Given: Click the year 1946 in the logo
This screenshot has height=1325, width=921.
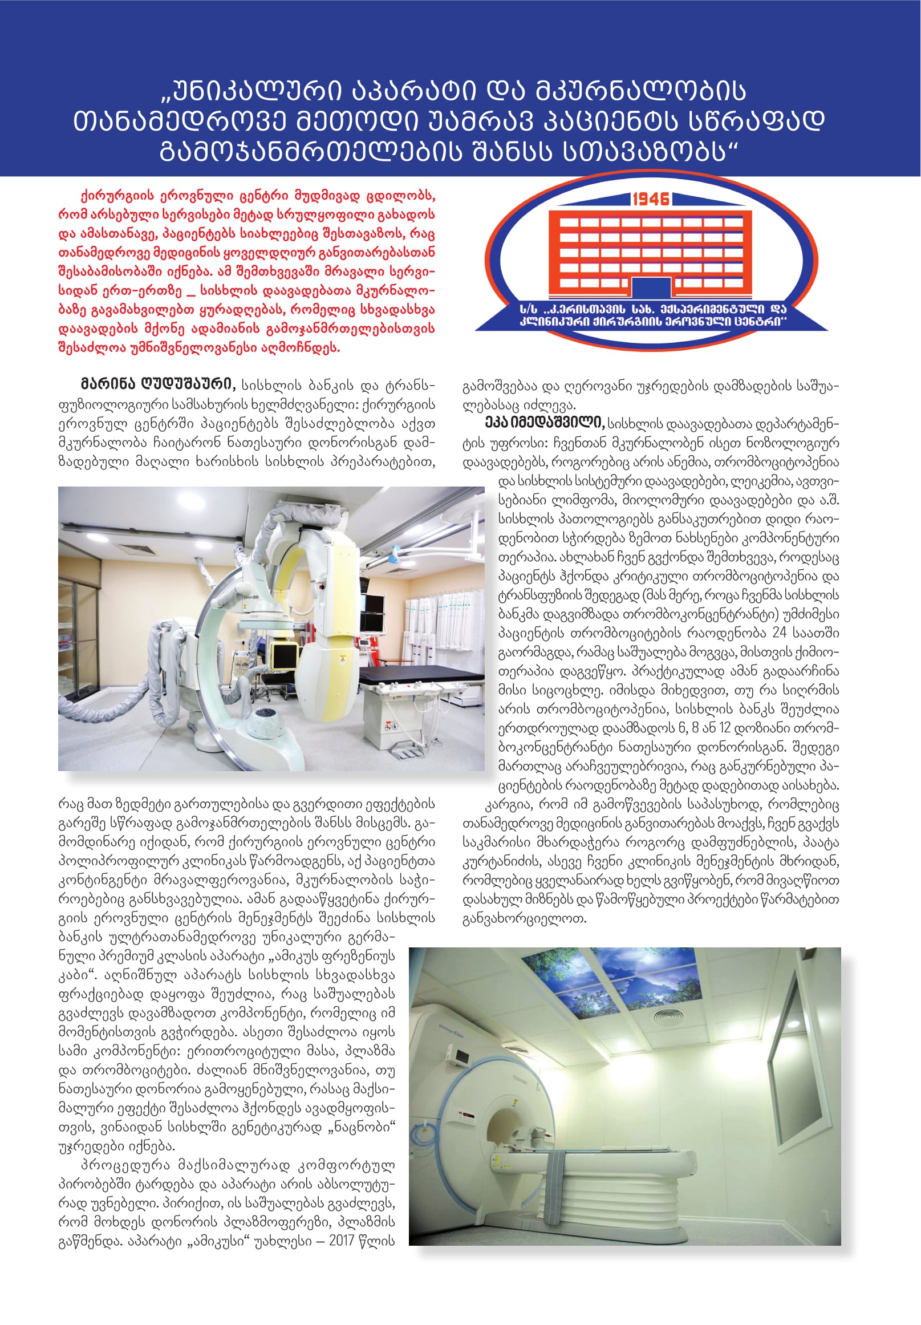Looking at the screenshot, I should coord(650,199).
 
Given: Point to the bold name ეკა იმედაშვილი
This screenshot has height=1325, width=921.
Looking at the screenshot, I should coord(545,424).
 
